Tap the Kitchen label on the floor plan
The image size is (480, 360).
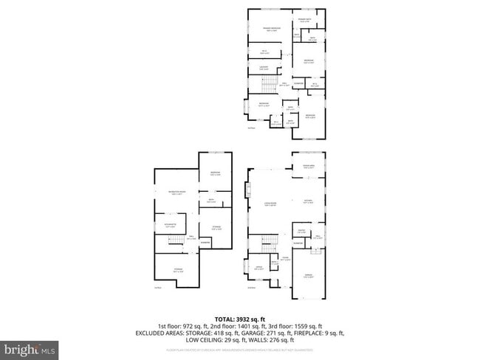click(x=309, y=202)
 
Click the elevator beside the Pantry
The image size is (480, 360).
click(x=301, y=242)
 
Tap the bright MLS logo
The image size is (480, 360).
click(x=30, y=347)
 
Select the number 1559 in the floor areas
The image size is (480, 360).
click(x=304, y=326)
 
